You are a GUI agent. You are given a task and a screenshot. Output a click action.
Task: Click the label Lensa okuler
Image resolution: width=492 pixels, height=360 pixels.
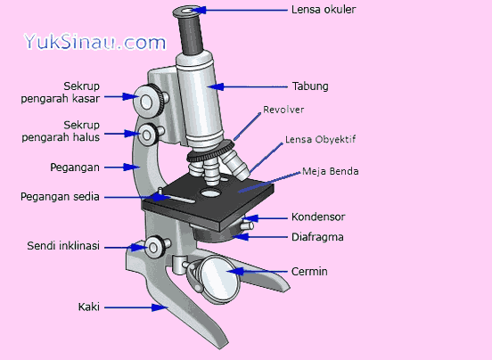coord(324,10)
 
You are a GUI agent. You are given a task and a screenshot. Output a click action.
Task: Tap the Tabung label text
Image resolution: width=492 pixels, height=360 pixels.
coord(310,86)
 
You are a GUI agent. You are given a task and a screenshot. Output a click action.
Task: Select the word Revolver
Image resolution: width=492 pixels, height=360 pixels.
coord(283,110)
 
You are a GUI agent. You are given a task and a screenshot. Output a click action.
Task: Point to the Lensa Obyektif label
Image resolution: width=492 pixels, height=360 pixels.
coord(320,140)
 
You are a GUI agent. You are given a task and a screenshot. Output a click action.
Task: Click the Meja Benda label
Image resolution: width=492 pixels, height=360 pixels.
coord(330,171)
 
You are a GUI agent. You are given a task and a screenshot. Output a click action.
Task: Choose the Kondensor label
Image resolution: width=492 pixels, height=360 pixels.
coord(318,217)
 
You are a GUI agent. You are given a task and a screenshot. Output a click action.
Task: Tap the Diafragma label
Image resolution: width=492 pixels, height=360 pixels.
coord(317,237)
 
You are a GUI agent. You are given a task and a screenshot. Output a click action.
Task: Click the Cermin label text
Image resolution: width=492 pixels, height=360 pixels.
coord(309,271)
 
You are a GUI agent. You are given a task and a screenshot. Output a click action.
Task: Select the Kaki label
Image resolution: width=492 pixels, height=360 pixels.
coord(89,307)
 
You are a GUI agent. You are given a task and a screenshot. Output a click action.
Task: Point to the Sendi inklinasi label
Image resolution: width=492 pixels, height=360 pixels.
coord(63,246)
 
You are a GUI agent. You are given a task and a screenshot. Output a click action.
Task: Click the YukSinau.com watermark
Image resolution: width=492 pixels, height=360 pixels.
coord(94,42)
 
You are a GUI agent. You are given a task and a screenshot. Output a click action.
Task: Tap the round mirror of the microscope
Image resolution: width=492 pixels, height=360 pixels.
coord(218,278)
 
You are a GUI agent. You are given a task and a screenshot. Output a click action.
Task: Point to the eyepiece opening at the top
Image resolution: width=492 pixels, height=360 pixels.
coord(187,12)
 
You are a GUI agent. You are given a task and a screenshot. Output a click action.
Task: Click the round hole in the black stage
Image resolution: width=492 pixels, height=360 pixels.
coord(210,192)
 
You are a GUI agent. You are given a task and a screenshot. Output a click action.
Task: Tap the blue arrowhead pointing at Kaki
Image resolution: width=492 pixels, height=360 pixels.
coord(158,307)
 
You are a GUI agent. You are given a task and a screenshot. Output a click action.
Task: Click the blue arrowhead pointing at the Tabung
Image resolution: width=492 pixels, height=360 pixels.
coord(217,86)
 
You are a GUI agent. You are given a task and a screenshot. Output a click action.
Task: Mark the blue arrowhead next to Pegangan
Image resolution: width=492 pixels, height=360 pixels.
coord(130,167)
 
